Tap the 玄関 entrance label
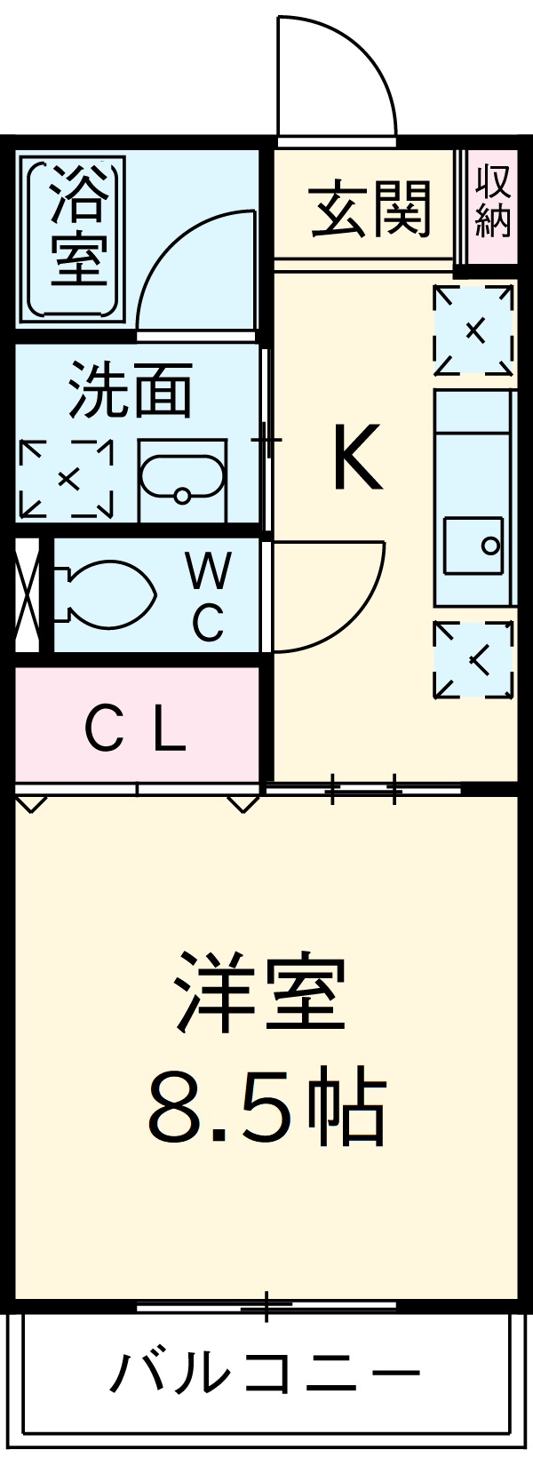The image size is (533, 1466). pos(370,210)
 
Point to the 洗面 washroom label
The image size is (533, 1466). pos(131,391)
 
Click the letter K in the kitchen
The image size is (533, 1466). pos(357,458)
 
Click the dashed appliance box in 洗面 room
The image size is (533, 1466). pos(67,479)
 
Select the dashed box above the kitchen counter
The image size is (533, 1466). pos(473,330)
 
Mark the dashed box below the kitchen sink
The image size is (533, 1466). pos(473,659)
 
